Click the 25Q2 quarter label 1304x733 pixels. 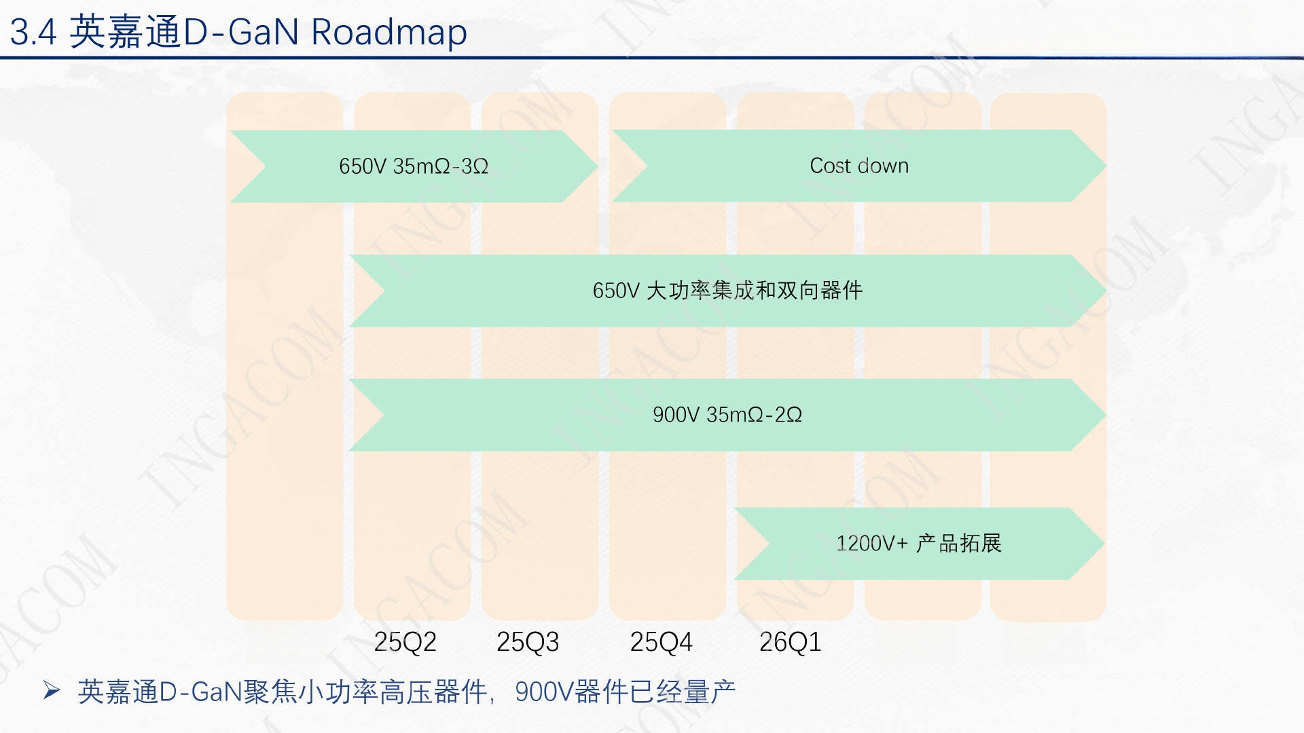pyautogui.click(x=405, y=641)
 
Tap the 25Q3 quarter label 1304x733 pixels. pyautogui.click(x=528, y=641)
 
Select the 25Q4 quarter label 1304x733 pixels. pyautogui.click(x=661, y=641)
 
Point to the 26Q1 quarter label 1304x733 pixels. pyautogui.click(x=790, y=641)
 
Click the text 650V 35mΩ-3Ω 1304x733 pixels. pyautogui.click(x=414, y=166)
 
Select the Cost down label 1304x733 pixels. pyautogui.click(x=859, y=166)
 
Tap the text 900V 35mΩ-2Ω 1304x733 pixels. pyautogui.click(x=727, y=415)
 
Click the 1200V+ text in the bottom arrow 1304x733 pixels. pyautogui.click(x=871, y=543)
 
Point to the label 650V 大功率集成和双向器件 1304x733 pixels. pyautogui.click(x=727, y=290)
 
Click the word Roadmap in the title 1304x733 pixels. pyautogui.click(x=389, y=32)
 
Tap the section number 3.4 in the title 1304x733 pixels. pyautogui.click(x=33, y=32)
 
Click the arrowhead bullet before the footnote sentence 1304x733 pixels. pyautogui.click(x=52, y=691)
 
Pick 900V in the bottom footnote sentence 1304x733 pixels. pyautogui.click(x=544, y=692)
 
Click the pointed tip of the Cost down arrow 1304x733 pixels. pyautogui.click(x=1106, y=166)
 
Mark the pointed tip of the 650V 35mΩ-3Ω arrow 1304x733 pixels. pyautogui.click(x=597, y=166)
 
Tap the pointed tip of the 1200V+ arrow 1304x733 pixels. pyautogui.click(x=1104, y=543)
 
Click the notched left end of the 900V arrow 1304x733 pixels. pyautogui.click(x=383, y=415)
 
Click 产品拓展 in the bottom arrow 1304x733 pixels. pyautogui.click(x=959, y=543)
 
